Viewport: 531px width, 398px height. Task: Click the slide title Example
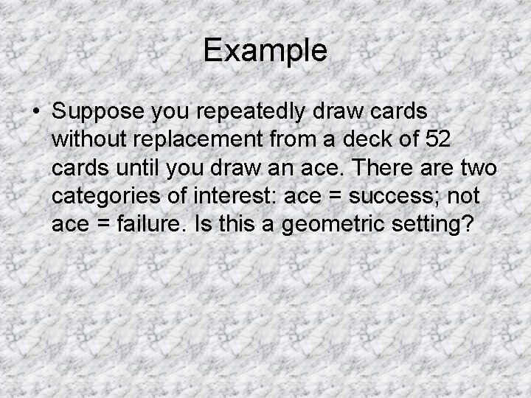click(265, 51)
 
